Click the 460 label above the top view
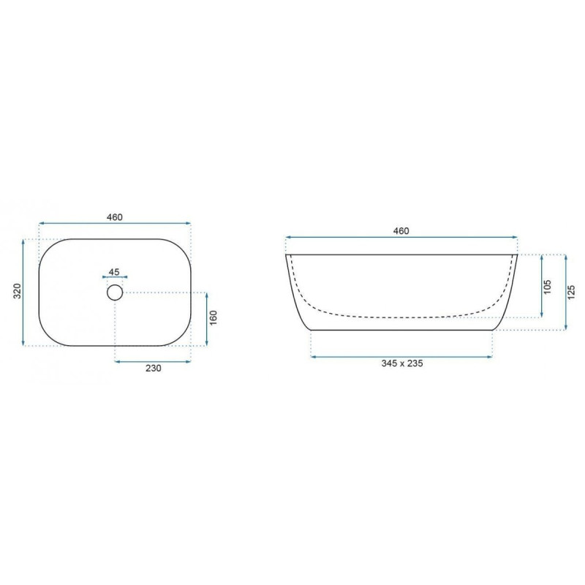[115, 216]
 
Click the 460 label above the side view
[401, 231]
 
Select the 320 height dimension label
[17, 291]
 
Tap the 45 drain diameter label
[114, 272]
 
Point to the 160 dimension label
[213, 317]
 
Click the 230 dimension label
[154, 369]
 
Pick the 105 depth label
[547, 287]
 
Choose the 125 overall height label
[571, 292]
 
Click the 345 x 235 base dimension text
[401, 363]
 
